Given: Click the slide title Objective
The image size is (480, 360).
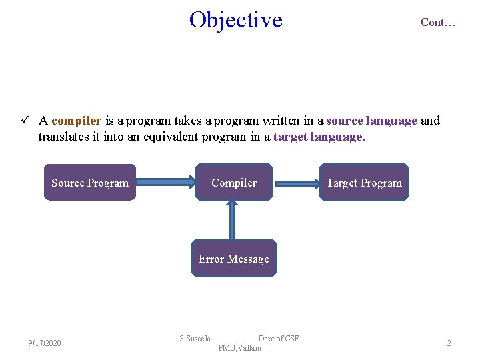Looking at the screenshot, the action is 235,20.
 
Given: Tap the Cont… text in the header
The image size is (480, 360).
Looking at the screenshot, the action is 438,22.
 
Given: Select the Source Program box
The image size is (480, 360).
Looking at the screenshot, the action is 90,183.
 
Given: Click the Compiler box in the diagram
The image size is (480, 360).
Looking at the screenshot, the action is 234,183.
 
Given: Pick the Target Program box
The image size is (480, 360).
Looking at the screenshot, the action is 364,183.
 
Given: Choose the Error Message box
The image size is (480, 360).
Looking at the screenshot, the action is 234,259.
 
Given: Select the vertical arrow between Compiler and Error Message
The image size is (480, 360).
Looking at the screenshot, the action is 233,220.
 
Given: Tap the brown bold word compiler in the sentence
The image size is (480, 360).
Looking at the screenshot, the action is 76,121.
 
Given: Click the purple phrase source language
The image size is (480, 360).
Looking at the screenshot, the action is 371,121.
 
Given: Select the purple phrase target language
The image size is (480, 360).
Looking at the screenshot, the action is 319,137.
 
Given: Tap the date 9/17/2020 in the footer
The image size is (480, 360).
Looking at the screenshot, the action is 45,343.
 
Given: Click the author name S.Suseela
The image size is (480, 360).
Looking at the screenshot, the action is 195,339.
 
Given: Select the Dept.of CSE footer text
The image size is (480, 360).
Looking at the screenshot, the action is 279,339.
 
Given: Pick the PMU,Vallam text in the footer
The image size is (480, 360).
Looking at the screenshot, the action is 239,348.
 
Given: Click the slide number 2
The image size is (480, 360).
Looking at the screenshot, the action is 449,343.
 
